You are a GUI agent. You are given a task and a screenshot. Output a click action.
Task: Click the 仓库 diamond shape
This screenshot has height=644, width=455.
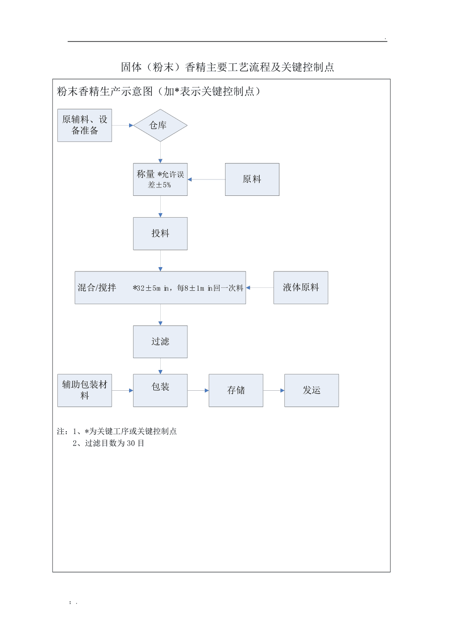click(x=160, y=125)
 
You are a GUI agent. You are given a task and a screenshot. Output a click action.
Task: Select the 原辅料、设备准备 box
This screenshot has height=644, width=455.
click(x=85, y=125)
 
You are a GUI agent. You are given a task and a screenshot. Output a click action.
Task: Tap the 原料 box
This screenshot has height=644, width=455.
click(x=252, y=179)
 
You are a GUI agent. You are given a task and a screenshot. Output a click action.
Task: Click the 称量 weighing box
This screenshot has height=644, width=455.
click(x=160, y=179)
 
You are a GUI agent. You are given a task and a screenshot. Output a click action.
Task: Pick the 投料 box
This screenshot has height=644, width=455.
click(x=160, y=233)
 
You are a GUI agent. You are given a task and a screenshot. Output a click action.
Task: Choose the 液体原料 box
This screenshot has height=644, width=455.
click(x=301, y=287)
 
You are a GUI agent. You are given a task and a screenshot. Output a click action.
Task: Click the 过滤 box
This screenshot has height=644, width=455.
click(x=160, y=342)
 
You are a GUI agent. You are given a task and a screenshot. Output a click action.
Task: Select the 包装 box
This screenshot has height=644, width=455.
click(x=160, y=390)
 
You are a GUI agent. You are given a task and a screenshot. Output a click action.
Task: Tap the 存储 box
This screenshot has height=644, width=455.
click(x=236, y=390)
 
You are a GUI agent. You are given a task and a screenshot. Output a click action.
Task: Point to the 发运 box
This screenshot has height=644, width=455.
click(x=312, y=390)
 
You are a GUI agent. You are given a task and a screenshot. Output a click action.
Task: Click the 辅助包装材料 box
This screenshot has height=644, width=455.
click(x=85, y=390)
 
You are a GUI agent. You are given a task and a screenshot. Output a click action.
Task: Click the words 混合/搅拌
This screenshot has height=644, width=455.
click(x=97, y=287)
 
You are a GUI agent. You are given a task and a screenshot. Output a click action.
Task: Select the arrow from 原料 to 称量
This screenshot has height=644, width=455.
click(x=206, y=180)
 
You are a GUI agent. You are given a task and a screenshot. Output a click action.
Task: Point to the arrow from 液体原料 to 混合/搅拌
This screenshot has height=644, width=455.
click(x=260, y=287)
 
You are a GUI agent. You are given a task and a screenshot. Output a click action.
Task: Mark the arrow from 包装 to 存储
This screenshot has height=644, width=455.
click(x=198, y=390)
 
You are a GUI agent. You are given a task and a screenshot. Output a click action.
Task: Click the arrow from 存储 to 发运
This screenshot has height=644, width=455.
click(x=273, y=390)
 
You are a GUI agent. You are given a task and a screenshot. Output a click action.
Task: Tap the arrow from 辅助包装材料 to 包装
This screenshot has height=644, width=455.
click(x=122, y=390)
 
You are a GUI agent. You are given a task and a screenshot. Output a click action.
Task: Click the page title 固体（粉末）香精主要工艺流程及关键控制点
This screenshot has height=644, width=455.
click(x=227, y=67)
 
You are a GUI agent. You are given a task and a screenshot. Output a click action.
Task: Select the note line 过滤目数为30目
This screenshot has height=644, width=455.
click(x=108, y=443)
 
